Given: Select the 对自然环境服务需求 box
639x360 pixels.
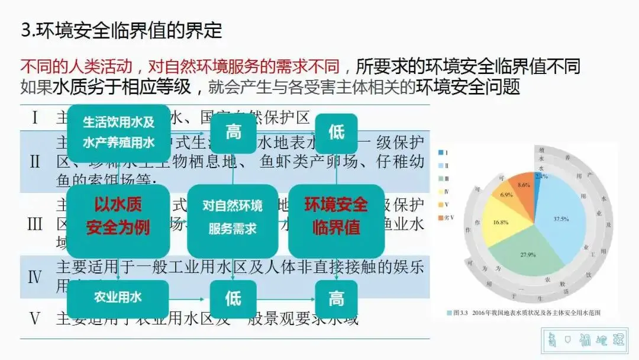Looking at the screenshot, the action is click(x=233, y=217).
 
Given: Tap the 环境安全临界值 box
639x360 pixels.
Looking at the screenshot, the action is click(x=336, y=216).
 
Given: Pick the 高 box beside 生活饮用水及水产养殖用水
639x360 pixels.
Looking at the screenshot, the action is click(x=233, y=132).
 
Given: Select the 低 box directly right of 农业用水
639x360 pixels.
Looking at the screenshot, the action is click(x=233, y=298).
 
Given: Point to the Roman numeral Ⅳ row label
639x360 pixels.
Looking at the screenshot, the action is click(x=35, y=276).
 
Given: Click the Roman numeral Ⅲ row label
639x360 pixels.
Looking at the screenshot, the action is click(x=35, y=224).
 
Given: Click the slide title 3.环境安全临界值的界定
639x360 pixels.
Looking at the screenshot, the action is click(x=121, y=31).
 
